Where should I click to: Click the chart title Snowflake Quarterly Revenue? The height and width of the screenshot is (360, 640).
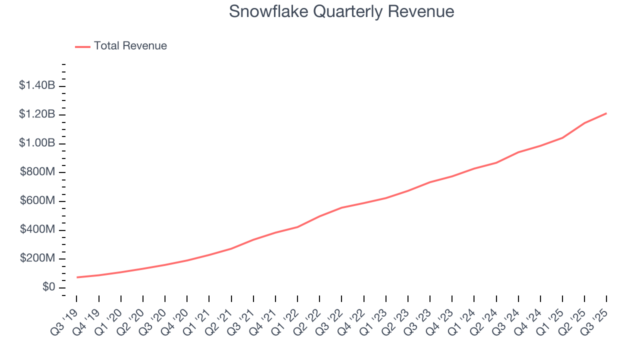341,11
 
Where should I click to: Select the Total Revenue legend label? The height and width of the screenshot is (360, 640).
130,46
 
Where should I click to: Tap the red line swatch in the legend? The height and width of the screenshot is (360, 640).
82,46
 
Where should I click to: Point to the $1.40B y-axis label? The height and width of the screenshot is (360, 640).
37,85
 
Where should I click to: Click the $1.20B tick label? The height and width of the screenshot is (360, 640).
37,114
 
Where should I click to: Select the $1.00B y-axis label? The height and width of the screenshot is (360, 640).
37,143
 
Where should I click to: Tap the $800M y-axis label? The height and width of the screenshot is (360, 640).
38,172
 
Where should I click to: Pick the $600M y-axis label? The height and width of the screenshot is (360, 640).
38,201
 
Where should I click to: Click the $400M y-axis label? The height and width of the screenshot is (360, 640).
38,229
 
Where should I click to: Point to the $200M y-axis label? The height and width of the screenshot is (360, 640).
38,258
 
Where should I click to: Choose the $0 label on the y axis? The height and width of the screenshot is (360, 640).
49,287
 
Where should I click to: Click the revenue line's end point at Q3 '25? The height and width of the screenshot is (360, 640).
606,113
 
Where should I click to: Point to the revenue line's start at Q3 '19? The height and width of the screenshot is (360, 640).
77,277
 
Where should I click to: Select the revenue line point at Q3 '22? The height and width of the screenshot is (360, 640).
341,207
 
